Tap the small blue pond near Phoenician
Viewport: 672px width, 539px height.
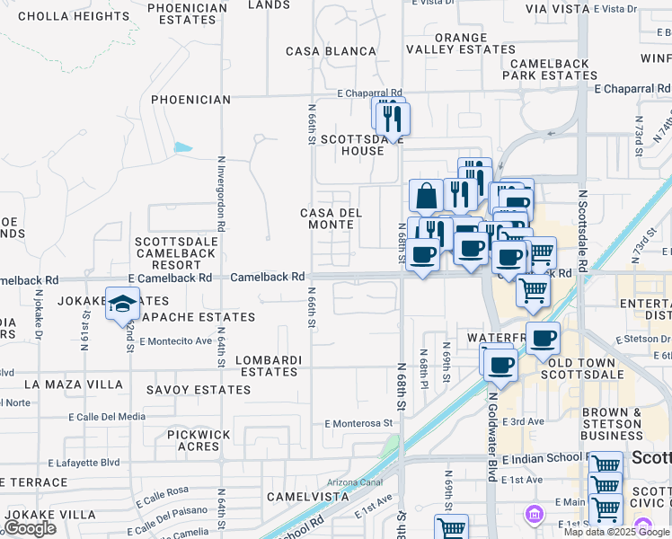click(x=183, y=146)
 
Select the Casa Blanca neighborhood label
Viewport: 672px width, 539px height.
click(x=330, y=51)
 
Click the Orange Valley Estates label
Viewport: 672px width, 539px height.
click(x=462, y=44)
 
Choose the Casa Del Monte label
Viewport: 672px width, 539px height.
click(x=331, y=218)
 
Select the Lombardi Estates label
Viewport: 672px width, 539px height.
click(x=267, y=366)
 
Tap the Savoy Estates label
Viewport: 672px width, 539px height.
click(x=199, y=390)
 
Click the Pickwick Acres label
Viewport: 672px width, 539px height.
click(x=199, y=440)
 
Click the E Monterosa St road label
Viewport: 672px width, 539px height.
click(x=359, y=422)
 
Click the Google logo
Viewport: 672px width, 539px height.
click(x=30, y=528)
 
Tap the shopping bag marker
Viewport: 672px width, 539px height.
click(x=426, y=195)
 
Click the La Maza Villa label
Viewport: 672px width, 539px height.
click(x=74, y=384)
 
